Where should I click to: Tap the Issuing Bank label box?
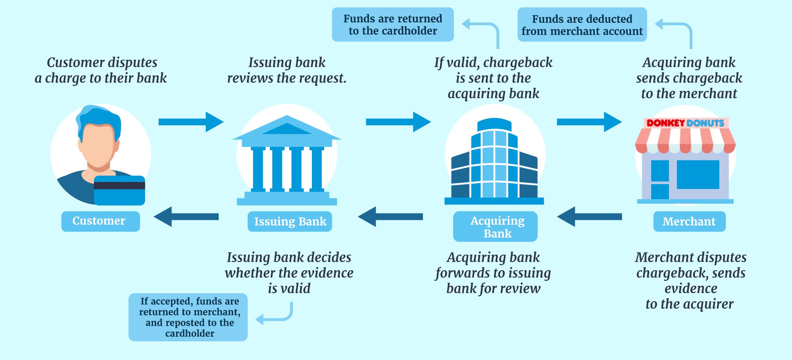point(290,222)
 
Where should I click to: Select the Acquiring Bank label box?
point(495,227)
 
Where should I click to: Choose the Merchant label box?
point(689,222)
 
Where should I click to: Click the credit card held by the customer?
point(119,190)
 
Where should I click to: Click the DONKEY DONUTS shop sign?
point(685,123)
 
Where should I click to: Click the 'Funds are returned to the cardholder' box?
point(393,24)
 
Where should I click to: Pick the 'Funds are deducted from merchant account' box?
point(582,25)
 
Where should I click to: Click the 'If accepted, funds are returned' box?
point(188,317)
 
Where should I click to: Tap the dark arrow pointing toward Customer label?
point(186,217)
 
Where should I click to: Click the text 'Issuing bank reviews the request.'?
point(287,70)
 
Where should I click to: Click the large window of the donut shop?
point(698,174)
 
